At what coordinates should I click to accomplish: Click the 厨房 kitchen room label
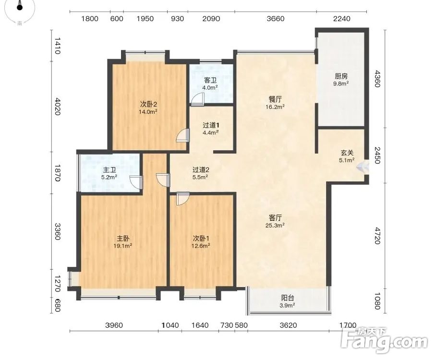pos(341,76)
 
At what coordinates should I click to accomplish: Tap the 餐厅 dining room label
pos(275,99)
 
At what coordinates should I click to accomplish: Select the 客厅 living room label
pos(275,217)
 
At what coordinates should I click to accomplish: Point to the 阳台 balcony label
pos(288,298)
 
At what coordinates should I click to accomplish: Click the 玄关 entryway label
pos(347,153)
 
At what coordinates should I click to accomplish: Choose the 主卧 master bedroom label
pos(123,239)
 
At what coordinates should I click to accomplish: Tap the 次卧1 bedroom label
pos(201,239)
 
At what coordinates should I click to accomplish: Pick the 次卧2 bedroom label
pos(148,105)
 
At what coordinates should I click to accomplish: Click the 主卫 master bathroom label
pos(109,170)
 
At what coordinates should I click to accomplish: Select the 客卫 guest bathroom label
pos(210,80)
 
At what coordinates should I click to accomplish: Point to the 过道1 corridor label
pos(211,125)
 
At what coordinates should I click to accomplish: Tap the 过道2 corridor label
pos(201,169)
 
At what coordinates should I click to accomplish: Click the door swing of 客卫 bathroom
pos(197,99)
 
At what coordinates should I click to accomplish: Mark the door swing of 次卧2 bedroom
pos(183,136)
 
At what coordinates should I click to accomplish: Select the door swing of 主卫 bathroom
pos(136,183)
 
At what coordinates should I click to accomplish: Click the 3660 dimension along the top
pos(276,19)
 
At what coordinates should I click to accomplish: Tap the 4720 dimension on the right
pos(377,236)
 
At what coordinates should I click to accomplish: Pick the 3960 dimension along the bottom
pos(114,325)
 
